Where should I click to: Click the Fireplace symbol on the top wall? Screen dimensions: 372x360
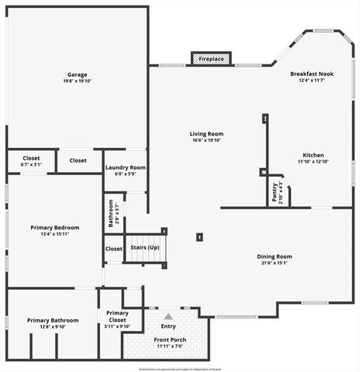tap(211, 59)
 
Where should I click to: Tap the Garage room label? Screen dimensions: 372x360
tap(77, 74)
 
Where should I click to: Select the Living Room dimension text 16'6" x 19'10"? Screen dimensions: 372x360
tap(206, 140)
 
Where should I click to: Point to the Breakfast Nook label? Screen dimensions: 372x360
tap(313, 74)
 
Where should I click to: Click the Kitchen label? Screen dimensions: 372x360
tap(313, 155)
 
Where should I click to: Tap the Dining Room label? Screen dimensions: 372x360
tap(274, 257)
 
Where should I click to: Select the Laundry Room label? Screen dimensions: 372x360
tap(125, 167)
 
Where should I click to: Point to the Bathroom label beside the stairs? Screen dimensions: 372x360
tap(111, 212)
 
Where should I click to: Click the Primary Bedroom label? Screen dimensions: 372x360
tap(50, 227)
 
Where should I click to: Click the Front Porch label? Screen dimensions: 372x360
tap(168, 339)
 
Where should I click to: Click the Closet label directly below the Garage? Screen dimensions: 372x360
tap(78, 160)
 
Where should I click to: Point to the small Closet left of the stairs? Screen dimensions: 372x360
tap(113, 249)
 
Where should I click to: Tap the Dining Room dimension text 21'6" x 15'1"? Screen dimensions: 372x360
tap(274, 263)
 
